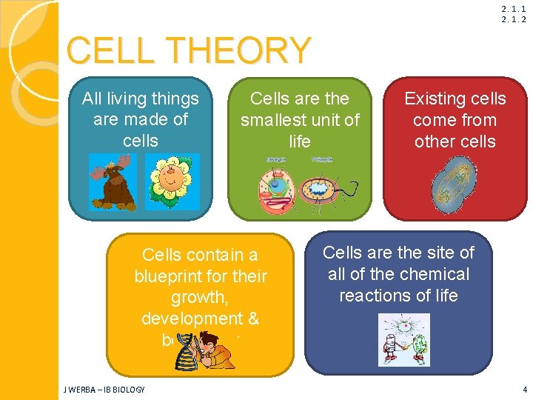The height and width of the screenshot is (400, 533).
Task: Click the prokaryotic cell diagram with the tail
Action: point(324,189)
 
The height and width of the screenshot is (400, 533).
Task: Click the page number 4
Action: point(524,389)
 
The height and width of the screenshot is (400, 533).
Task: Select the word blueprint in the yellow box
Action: point(167,276)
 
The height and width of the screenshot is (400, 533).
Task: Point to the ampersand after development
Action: point(252,319)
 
